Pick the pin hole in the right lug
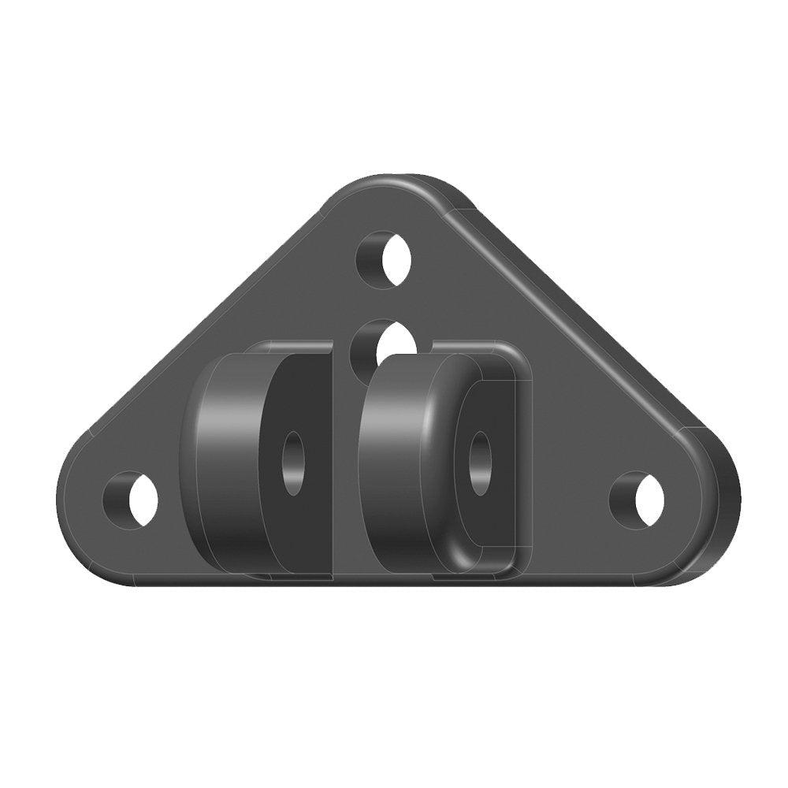[x=479, y=463]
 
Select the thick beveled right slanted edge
[x=583, y=323]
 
